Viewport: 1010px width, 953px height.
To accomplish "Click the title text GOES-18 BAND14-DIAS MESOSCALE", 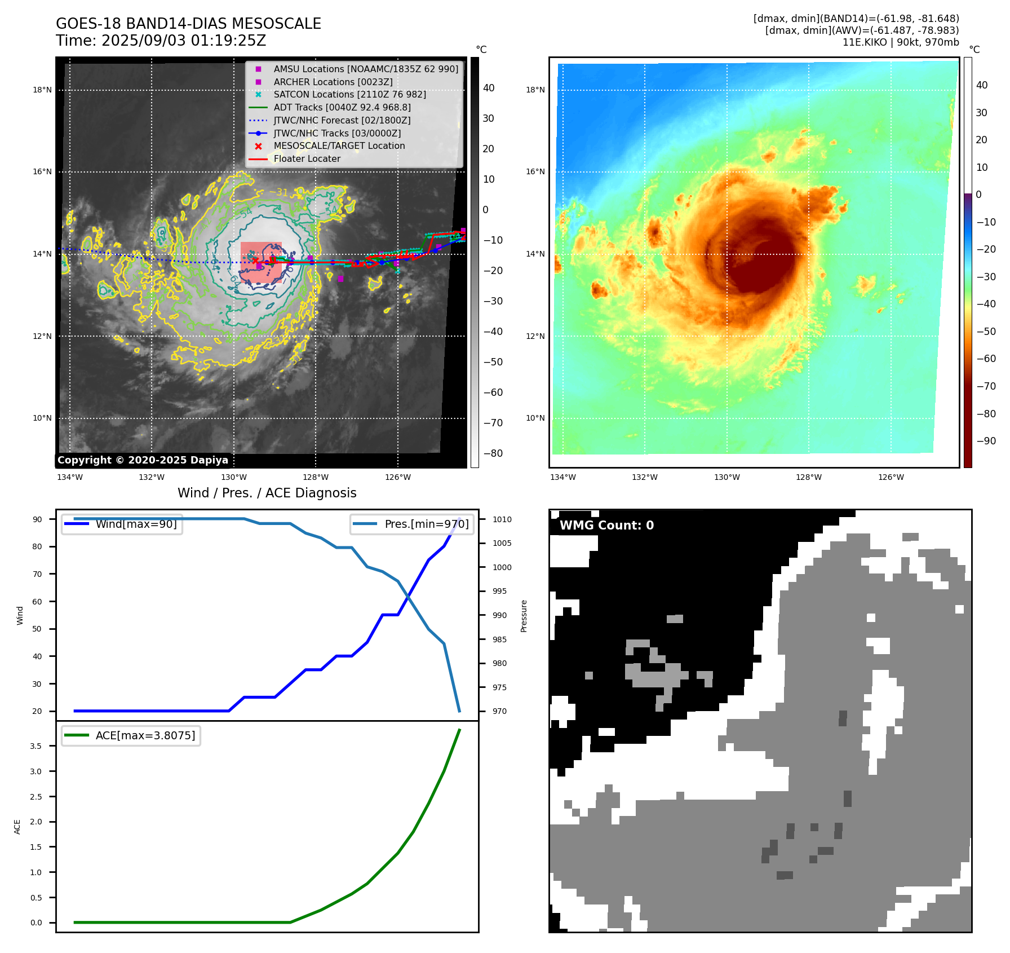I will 188,24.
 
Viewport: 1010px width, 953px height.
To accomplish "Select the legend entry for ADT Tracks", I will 342,107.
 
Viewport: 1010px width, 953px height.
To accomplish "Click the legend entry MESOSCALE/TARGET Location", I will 339,145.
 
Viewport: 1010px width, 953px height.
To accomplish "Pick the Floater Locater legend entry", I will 307,158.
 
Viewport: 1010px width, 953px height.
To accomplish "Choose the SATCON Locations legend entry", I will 349,94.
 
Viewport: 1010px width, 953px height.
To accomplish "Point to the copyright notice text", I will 143,460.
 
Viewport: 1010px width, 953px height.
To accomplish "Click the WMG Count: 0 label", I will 606,526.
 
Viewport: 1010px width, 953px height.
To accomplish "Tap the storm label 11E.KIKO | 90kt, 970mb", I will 900,42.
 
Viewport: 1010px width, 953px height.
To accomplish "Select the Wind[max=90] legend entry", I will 136,524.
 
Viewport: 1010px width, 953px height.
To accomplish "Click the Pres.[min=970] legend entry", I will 426,524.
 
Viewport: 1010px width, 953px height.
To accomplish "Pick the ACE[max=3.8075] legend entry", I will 145,735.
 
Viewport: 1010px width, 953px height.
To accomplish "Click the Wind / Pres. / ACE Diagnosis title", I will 267,493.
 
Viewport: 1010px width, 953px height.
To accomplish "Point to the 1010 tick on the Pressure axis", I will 502,519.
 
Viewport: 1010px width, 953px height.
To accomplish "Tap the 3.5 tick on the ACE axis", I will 36,746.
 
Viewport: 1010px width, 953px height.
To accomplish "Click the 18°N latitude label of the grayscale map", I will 42,90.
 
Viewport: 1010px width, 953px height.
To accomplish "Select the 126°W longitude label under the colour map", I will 891,477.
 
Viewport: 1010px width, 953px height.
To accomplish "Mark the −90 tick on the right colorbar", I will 986,441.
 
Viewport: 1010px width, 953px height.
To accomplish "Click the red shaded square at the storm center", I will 261,262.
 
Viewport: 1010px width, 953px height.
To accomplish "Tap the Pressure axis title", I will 524,616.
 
